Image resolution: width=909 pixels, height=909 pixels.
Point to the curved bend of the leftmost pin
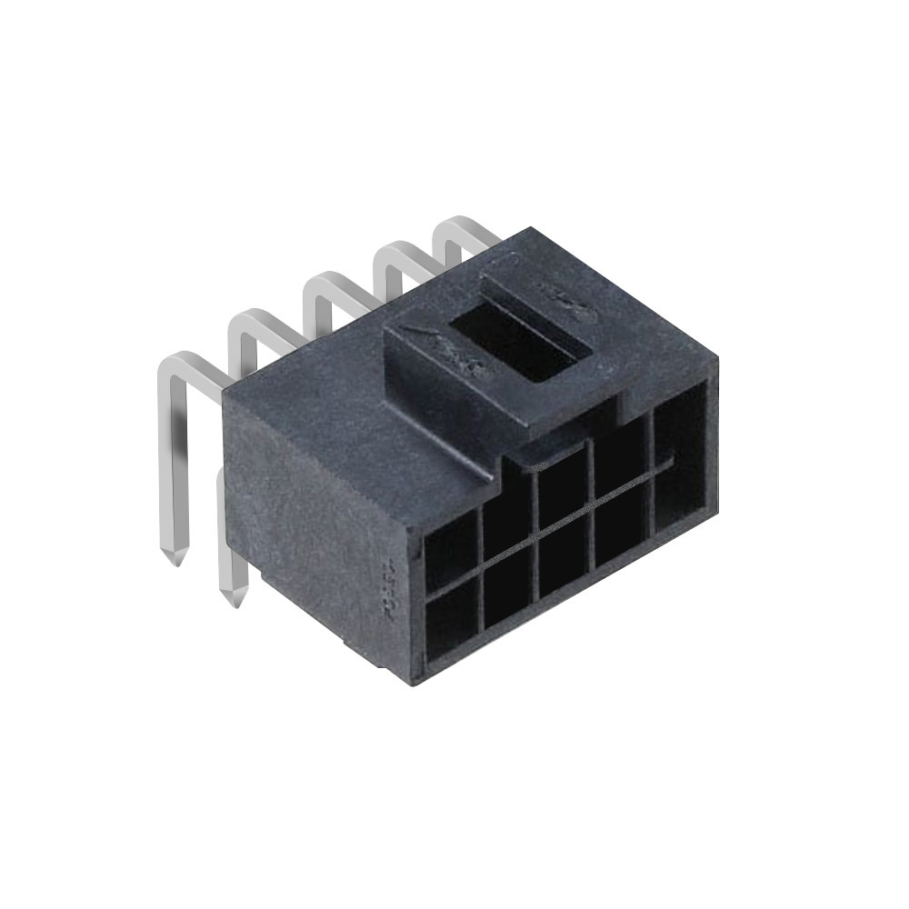(172, 363)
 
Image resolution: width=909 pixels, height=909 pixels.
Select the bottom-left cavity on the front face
(453, 624)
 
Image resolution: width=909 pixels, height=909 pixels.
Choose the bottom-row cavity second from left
(509, 599)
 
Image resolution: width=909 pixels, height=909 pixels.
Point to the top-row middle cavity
(560, 496)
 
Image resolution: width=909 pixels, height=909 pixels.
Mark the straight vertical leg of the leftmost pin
(168, 454)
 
